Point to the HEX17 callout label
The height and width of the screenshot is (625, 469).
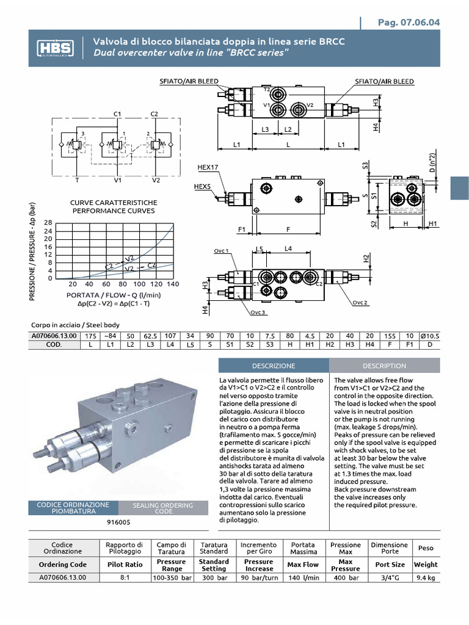tap(208, 167)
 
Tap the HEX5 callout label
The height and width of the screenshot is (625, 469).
tap(202, 186)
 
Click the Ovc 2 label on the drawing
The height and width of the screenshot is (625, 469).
tap(360, 302)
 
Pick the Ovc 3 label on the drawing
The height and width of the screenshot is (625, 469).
tap(258, 312)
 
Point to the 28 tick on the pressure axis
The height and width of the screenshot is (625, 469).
tap(49, 223)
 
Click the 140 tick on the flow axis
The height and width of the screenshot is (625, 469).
tap(173, 284)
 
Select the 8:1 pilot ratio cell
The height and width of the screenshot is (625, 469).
tap(124, 577)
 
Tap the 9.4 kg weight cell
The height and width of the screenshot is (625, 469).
tap(426, 577)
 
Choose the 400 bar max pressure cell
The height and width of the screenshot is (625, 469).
tap(345, 577)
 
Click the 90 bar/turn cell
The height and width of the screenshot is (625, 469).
tap(258, 577)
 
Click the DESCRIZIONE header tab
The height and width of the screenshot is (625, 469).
tap(274, 366)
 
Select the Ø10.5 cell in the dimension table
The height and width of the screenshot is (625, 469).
tap(431, 336)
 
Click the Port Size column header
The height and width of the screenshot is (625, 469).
tap(389, 565)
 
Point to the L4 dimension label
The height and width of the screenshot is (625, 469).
tap(288, 248)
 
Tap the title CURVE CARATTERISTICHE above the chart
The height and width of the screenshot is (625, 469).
tap(114, 203)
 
